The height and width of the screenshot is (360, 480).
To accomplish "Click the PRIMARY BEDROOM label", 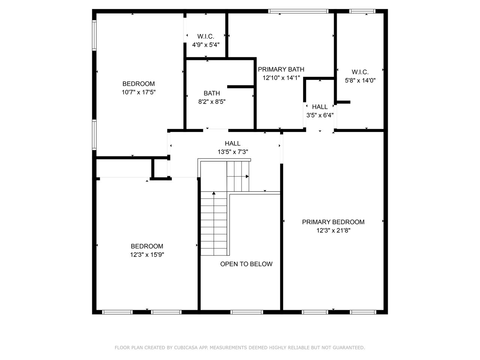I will click(333, 222).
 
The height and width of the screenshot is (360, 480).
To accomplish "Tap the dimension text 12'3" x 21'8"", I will click(333, 231).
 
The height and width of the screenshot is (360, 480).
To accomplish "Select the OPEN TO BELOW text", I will click(246, 264).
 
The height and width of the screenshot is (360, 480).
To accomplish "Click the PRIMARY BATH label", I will click(281, 69).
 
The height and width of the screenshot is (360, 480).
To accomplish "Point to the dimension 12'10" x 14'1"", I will click(281, 78).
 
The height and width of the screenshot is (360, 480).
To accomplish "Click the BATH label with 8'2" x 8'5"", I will click(211, 93).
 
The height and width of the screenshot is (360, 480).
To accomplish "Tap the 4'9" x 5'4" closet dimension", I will click(205, 45).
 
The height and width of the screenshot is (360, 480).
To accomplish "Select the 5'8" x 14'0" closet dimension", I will click(360, 80).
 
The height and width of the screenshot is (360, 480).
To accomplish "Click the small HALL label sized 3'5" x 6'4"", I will click(319, 107).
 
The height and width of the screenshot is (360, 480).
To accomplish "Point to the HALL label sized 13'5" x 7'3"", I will click(232, 143).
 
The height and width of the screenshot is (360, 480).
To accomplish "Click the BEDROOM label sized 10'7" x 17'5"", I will click(138, 84).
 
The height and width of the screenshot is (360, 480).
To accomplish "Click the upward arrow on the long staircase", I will click(214, 193).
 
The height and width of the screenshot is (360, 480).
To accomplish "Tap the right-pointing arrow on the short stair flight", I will click(247, 176).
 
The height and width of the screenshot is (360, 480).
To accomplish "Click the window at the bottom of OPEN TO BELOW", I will click(246, 312).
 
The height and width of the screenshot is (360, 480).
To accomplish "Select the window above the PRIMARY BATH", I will click(298, 11).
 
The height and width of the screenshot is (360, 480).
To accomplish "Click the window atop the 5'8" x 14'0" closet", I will click(362, 11).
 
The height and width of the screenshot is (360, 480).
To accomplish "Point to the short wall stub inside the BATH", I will click(241, 87).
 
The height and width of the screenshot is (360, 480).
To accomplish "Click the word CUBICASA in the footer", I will click(186, 348).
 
